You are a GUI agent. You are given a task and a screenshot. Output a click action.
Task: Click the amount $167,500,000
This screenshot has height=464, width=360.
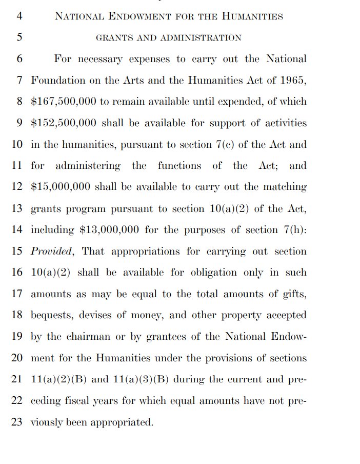pos(63,102)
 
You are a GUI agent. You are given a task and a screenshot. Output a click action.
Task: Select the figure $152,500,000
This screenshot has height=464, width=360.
pos(63,123)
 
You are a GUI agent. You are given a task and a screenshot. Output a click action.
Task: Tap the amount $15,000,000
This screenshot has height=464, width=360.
pos(60,187)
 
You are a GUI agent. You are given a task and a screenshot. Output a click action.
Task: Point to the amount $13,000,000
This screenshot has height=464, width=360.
pos(109,230)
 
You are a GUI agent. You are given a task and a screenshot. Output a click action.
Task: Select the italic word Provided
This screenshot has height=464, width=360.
pos(53,252)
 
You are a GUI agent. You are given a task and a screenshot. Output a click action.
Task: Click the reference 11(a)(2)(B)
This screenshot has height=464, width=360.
pos(59,380)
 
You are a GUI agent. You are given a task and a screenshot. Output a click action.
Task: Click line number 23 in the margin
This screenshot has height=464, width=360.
pos(17,422)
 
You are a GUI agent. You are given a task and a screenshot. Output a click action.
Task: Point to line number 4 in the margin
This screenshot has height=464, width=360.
pos(19,16)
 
